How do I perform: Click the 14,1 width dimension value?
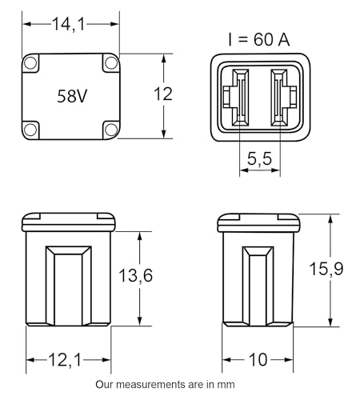point(69,24)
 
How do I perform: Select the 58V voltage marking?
point(72,96)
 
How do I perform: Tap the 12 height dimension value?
point(163,94)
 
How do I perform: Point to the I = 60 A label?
point(258,39)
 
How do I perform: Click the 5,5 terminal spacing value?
point(259,158)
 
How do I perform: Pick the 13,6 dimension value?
point(135,275)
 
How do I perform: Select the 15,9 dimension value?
point(326,268)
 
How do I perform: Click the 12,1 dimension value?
point(65,360)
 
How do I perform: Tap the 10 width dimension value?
point(258,359)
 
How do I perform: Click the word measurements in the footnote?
point(150,385)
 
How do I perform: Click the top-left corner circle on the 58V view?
point(30,63)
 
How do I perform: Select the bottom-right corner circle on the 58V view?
point(111,130)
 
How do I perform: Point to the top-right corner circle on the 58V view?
point(111,63)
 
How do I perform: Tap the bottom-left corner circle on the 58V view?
point(30,130)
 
